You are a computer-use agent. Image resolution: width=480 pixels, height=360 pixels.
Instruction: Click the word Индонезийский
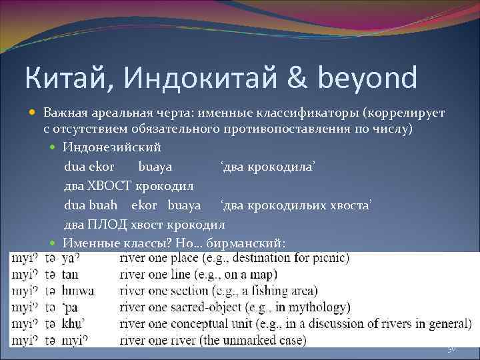click(x=112, y=146)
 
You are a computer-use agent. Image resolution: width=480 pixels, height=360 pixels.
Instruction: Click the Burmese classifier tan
click(x=70, y=274)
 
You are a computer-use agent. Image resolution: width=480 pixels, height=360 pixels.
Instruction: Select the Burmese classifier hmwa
click(x=78, y=291)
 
